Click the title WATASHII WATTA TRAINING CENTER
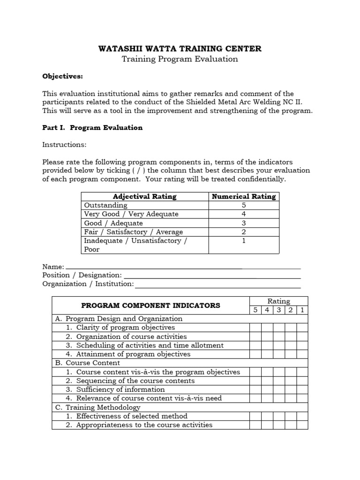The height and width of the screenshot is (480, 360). point(180,48)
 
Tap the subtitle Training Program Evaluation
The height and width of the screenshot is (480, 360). point(180,59)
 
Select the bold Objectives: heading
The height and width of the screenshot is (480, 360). point(63,76)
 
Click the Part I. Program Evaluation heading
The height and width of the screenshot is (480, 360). point(92,127)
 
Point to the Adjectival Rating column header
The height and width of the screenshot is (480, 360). point(145,196)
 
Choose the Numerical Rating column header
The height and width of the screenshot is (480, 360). point(244,196)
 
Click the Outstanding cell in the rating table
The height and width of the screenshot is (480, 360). point(105,205)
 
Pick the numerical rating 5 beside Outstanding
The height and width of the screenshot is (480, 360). point(244,205)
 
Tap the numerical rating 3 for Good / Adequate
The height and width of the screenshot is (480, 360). point(244,223)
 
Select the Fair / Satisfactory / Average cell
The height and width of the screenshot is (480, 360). point(133,232)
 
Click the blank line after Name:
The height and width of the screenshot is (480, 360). point(183,267)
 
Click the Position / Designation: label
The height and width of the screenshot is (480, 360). point(82,275)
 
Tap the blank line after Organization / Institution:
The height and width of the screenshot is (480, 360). point(217,285)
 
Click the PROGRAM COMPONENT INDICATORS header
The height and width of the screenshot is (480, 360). point(150,306)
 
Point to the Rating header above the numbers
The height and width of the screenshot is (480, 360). point(278,301)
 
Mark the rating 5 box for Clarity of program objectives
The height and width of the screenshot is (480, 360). point(255,328)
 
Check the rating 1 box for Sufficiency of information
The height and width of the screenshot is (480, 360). point(302,390)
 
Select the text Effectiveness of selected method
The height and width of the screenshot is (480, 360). point(132,416)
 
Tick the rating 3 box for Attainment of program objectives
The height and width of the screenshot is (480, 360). point(279,354)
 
